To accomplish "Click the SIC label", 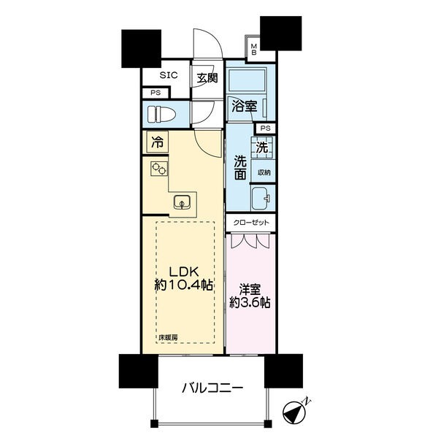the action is pos(169,75).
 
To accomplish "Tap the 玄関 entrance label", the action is pos(207,78).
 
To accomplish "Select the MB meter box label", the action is pos(253,49).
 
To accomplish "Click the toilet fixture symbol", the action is pos(161,115).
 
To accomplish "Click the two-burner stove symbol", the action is pos(159,169).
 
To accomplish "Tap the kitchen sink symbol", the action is pos(182,202).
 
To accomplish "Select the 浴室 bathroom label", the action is pos(245,106).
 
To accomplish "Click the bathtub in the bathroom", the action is pos(247,80).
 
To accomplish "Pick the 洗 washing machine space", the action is pos(263,147).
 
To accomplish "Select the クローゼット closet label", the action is pos(251,223).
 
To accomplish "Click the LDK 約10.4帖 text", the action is pos(185,278).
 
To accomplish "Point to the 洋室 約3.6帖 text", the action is pos(250,296).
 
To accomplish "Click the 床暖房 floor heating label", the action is pos(168,337).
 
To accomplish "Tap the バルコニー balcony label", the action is pos(212,388).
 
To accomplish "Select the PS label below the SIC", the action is pos(155,93).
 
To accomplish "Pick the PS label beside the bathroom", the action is pos(266,128).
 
